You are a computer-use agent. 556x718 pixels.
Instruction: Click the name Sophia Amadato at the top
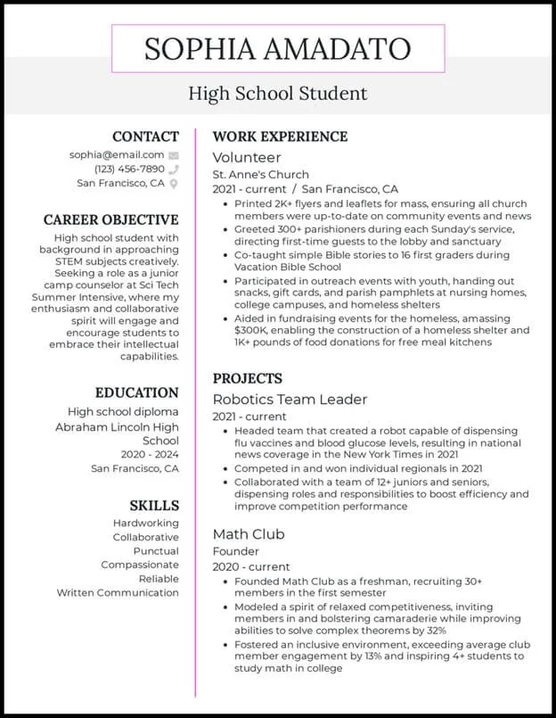click(x=277, y=48)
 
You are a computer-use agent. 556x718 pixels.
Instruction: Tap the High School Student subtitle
click(x=277, y=93)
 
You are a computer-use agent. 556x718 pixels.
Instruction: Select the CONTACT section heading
click(x=145, y=136)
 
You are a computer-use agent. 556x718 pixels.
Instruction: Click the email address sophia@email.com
click(x=117, y=154)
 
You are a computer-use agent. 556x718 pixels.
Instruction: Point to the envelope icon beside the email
click(x=174, y=155)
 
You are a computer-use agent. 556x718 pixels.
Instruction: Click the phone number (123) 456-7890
click(x=129, y=169)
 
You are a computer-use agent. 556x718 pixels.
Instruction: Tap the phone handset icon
click(x=174, y=169)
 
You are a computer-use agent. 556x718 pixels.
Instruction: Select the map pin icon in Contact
click(x=174, y=184)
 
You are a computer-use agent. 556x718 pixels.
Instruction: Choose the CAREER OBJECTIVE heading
click(x=111, y=219)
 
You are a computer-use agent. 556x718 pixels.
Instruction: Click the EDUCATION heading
click(x=137, y=392)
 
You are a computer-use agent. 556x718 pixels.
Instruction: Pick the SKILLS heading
click(x=153, y=505)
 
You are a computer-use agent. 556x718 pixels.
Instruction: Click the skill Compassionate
click(x=140, y=565)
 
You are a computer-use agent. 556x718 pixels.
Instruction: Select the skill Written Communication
click(x=118, y=592)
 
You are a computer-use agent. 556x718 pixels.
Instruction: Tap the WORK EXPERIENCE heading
click(x=280, y=136)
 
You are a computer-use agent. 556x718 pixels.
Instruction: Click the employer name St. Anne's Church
click(x=260, y=175)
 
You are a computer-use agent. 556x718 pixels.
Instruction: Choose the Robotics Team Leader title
click(x=290, y=400)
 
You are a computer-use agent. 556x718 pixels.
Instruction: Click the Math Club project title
click(x=249, y=533)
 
